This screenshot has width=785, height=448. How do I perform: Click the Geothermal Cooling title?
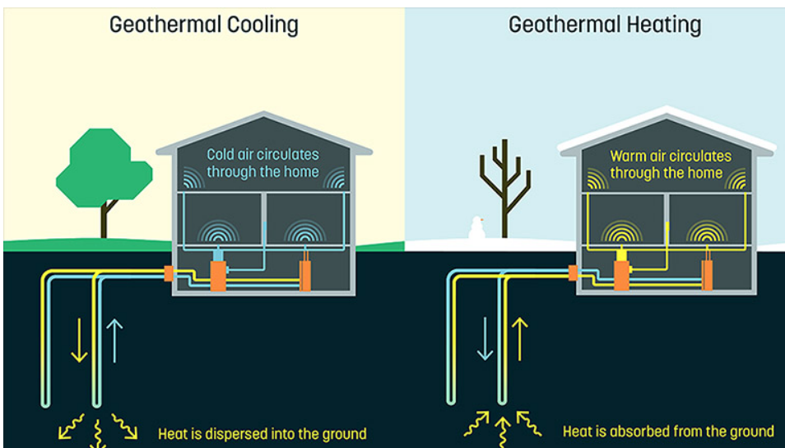click(x=203, y=25)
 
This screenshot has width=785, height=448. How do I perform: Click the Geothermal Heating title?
click(x=605, y=25)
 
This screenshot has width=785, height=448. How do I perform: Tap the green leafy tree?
click(x=104, y=169)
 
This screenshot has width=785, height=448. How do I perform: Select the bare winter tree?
click(x=504, y=185)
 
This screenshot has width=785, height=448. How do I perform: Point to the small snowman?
click(x=476, y=229)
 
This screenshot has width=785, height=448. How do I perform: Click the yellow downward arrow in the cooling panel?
click(x=79, y=338)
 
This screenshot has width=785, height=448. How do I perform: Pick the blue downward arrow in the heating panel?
click(x=485, y=338)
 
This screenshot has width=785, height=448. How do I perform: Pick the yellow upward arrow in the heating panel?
click(x=520, y=338)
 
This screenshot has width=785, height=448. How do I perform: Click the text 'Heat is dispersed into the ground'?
click(x=262, y=432)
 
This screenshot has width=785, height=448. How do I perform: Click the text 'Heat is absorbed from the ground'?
click(x=667, y=431)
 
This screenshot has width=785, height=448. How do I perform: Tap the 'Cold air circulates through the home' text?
click(x=262, y=163)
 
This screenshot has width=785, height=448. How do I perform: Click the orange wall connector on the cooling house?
click(x=169, y=273)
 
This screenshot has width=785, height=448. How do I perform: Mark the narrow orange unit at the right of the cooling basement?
click(x=304, y=274)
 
